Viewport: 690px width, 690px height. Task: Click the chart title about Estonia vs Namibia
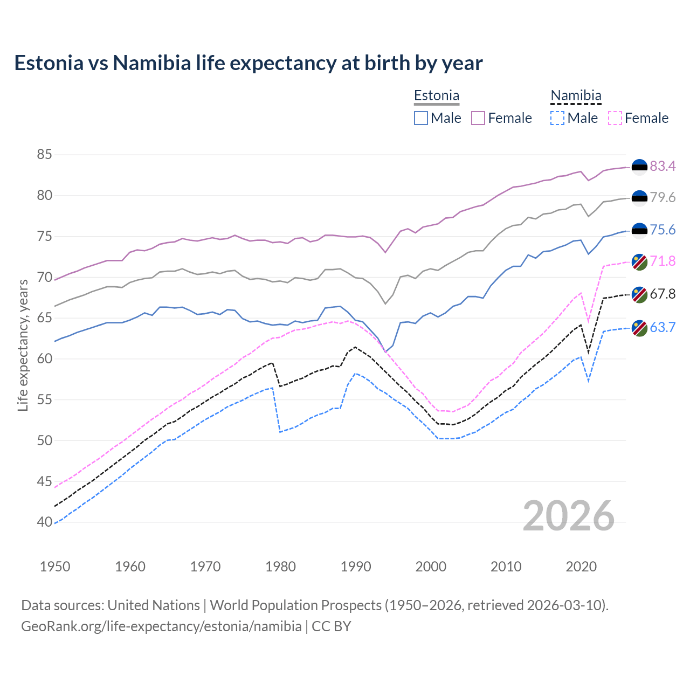(x=248, y=63)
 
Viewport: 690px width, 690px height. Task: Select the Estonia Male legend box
(x=421, y=118)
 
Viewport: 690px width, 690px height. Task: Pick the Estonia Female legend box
(x=478, y=118)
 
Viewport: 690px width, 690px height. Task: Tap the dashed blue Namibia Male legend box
(x=557, y=118)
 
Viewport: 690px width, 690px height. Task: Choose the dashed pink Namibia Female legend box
(x=615, y=118)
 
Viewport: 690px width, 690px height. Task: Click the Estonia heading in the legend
(x=437, y=96)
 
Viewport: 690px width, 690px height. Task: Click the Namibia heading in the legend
(x=576, y=96)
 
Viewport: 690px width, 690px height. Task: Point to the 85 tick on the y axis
(x=44, y=155)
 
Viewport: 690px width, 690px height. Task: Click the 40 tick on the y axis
(x=44, y=522)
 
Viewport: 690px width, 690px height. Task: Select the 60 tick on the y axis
(x=44, y=358)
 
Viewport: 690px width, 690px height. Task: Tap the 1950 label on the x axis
(x=55, y=567)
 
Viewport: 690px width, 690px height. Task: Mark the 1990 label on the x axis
(x=356, y=567)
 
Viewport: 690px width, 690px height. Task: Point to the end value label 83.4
(x=663, y=167)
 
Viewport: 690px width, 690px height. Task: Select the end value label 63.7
(x=663, y=327)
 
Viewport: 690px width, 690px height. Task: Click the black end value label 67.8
(x=663, y=294)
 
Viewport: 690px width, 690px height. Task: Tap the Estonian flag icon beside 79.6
(x=639, y=198)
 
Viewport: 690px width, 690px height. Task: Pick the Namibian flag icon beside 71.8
(x=639, y=261)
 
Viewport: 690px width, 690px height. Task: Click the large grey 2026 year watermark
(x=568, y=516)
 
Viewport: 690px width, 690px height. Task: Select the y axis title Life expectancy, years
(x=23, y=345)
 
